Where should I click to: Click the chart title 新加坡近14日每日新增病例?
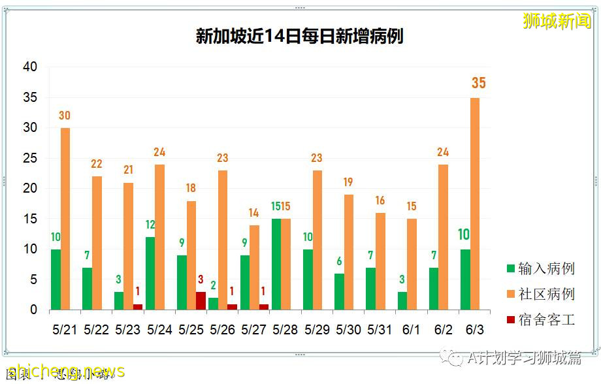[x=299, y=36]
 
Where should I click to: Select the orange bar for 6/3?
[x=475, y=204]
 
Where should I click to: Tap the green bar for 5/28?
[x=276, y=264]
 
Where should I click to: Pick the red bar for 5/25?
[x=201, y=301]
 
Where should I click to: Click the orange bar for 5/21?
[x=65, y=219]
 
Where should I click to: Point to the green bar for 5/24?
[x=150, y=274]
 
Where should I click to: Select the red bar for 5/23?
[x=138, y=307]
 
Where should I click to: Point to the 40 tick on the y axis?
[x=30, y=67]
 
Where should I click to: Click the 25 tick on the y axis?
[x=30, y=159]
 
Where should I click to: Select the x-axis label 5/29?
[x=317, y=330]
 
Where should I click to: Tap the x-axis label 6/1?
[x=412, y=330]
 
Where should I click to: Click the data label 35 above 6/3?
[x=478, y=83]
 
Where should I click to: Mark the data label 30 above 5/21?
[x=65, y=116]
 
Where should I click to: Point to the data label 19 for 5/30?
[x=348, y=183]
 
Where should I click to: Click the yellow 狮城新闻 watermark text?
[x=557, y=21]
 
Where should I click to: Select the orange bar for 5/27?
[x=254, y=268]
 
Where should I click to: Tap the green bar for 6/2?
[x=434, y=289]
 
